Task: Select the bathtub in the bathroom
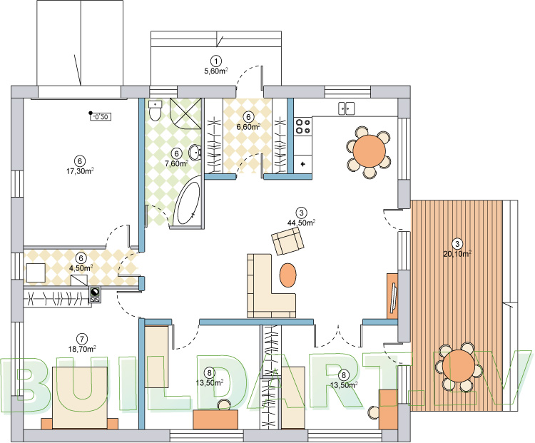pos(187,203)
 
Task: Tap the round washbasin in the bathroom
pos(195,152)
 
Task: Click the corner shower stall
pos(185,113)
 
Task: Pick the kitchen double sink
pos(346,108)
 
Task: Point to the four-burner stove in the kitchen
pos(303,126)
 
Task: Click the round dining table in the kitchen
pos(370,151)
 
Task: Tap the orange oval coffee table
pos(288,275)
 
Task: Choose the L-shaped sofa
pos(270,286)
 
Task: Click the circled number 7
pos(82,339)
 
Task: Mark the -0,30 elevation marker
pos(101,116)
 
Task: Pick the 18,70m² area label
pos(82,348)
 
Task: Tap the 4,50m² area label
pos(81,268)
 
